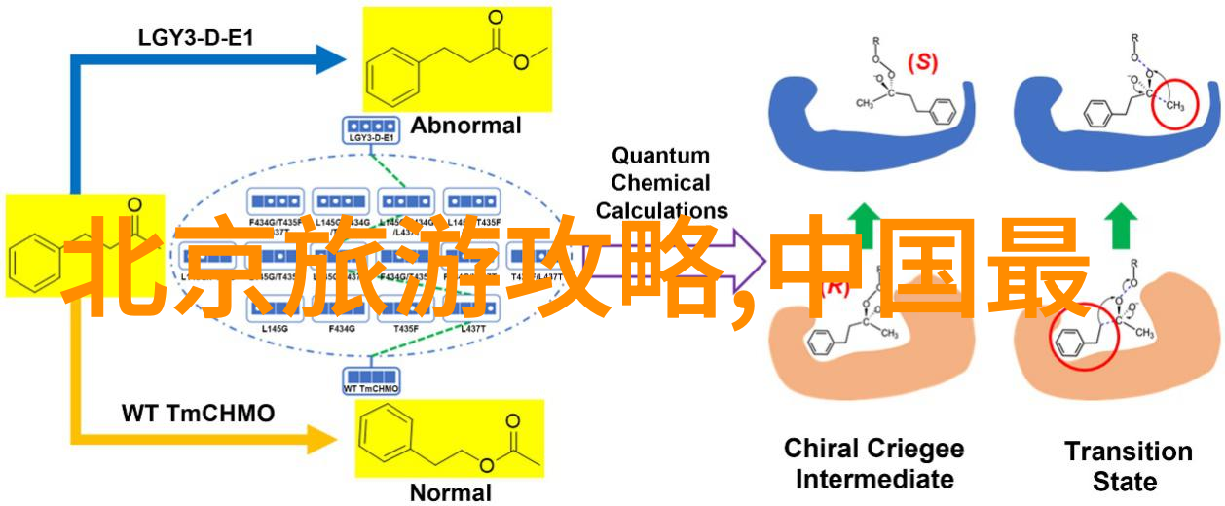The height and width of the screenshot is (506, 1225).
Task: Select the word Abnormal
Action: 465,126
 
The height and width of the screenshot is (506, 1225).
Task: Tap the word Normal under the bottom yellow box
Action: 450,492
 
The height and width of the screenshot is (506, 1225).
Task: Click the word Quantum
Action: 661,156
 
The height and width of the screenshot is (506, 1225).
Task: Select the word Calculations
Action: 661,209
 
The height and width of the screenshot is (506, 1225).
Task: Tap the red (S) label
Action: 921,62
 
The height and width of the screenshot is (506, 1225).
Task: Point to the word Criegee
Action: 915,450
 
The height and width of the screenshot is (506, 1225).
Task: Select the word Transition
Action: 1128,452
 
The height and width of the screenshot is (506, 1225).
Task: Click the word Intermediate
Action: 873,480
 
